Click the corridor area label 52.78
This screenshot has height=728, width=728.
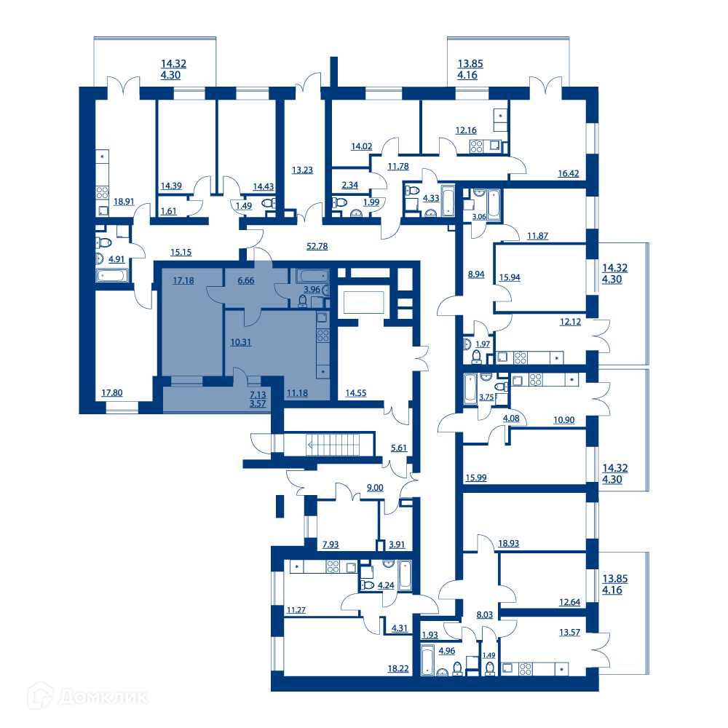317,246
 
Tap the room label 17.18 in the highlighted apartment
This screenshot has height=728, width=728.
183,280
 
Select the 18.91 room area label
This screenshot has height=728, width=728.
124,202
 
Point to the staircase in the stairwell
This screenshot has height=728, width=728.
333,445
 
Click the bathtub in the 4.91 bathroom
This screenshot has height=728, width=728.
112,276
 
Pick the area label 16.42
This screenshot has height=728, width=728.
569,173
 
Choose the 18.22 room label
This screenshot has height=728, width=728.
398,668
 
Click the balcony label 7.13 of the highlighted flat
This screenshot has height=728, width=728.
258,395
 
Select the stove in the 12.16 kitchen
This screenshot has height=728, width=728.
476,147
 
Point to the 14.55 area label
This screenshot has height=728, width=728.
356,393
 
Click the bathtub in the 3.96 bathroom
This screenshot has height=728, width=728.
312,276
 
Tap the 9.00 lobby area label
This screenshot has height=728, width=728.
375,488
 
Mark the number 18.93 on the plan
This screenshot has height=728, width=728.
508,543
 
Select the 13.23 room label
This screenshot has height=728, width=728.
302,170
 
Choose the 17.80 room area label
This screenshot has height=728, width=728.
112,393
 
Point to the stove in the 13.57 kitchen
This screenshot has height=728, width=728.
526,668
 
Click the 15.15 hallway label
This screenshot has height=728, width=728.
181,252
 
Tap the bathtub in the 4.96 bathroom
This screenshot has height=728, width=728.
427,660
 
